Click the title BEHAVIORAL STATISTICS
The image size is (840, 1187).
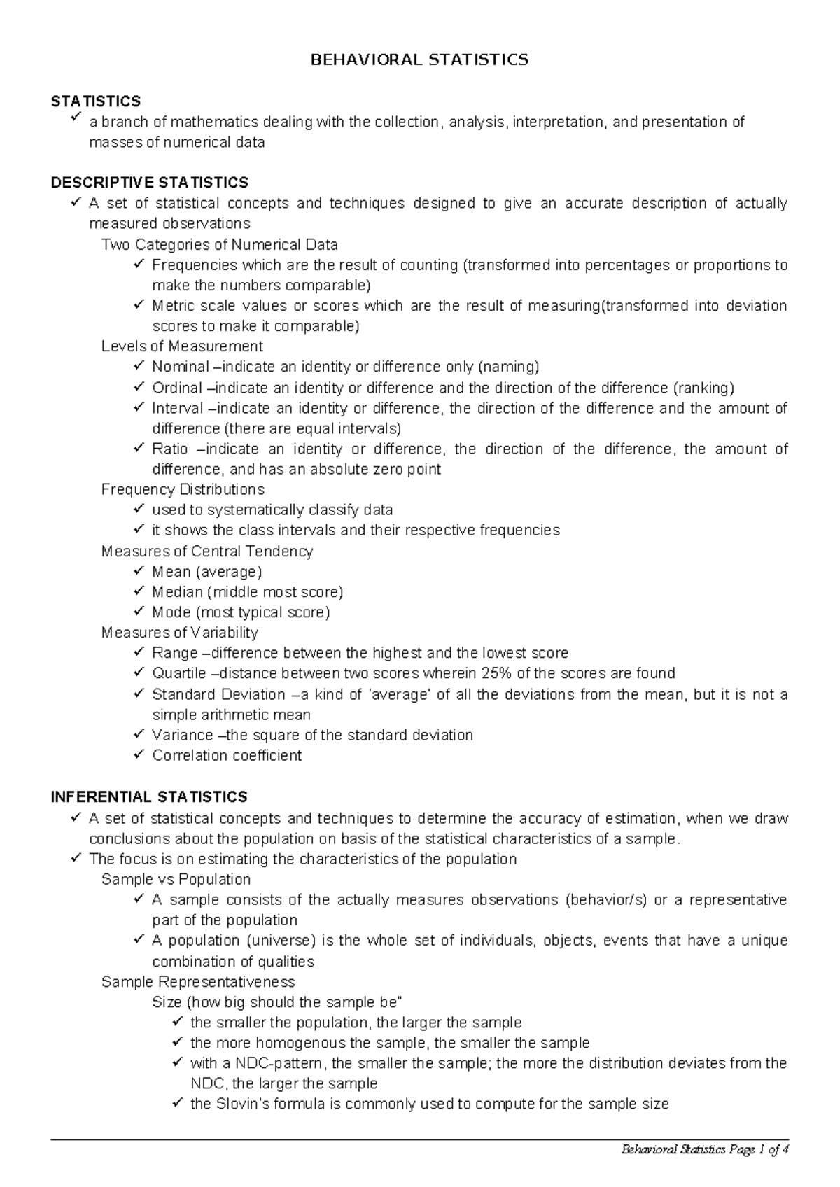pos(419,60)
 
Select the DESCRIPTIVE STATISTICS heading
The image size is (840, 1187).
pos(149,183)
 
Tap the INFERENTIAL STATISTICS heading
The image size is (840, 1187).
pos(149,797)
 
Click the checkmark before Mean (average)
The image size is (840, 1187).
pos(138,571)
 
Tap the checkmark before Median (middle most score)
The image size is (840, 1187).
pos(138,591)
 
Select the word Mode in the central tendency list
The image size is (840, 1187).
pos(171,612)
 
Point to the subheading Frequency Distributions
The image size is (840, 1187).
pos(183,489)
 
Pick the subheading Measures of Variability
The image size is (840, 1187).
pos(180,633)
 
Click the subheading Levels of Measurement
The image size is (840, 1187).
pos(182,346)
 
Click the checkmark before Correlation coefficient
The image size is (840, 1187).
pos(138,755)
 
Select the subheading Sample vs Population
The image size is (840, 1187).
pos(176,879)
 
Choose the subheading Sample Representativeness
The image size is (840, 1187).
pos(198,981)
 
